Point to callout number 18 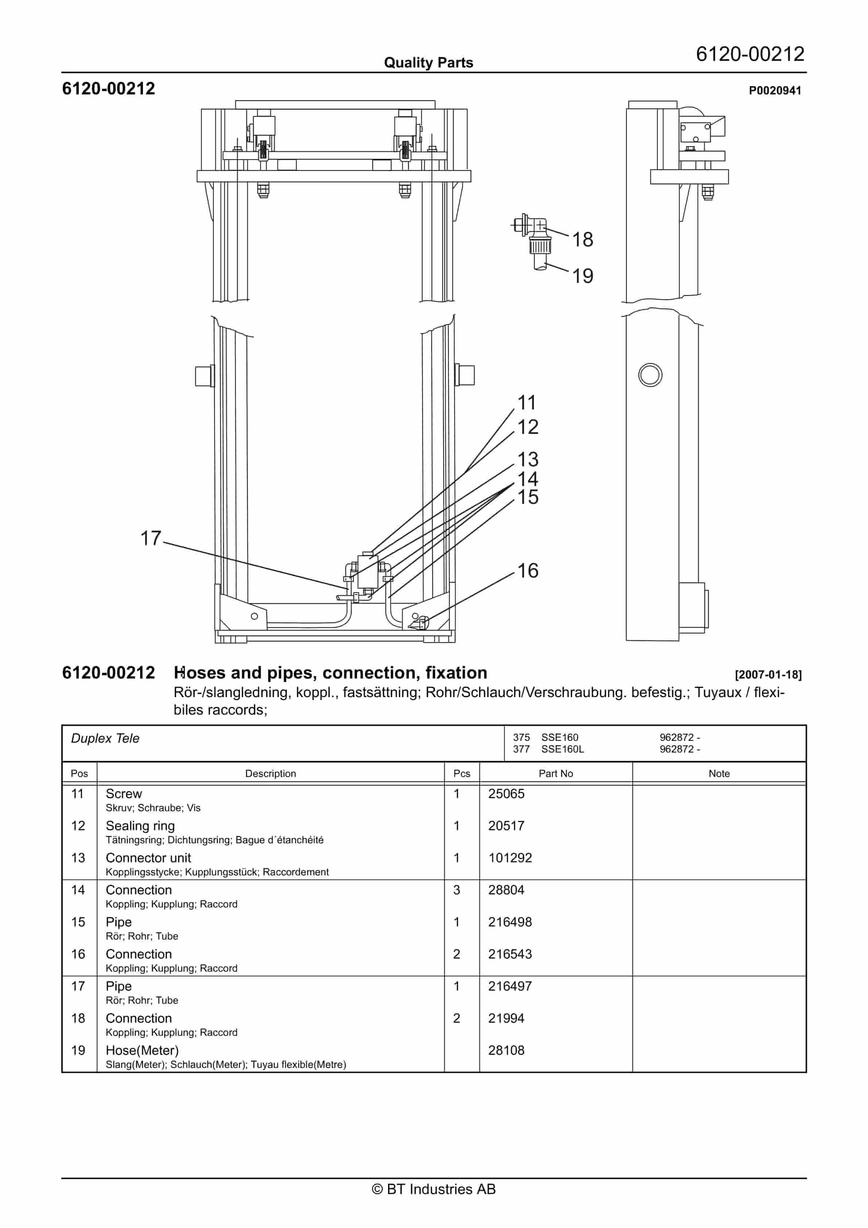[x=583, y=240]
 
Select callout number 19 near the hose [x=583, y=276]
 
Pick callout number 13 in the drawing [x=528, y=459]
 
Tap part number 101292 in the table [x=510, y=858]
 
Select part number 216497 [x=510, y=986]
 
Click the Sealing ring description [x=140, y=826]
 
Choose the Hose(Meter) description [x=142, y=1050]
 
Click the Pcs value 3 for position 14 [x=457, y=890]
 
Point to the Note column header [x=719, y=773]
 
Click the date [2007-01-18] [x=768, y=675]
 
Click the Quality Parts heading [x=429, y=63]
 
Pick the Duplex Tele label [x=105, y=739]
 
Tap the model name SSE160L [x=562, y=749]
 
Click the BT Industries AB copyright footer [x=434, y=1189]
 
